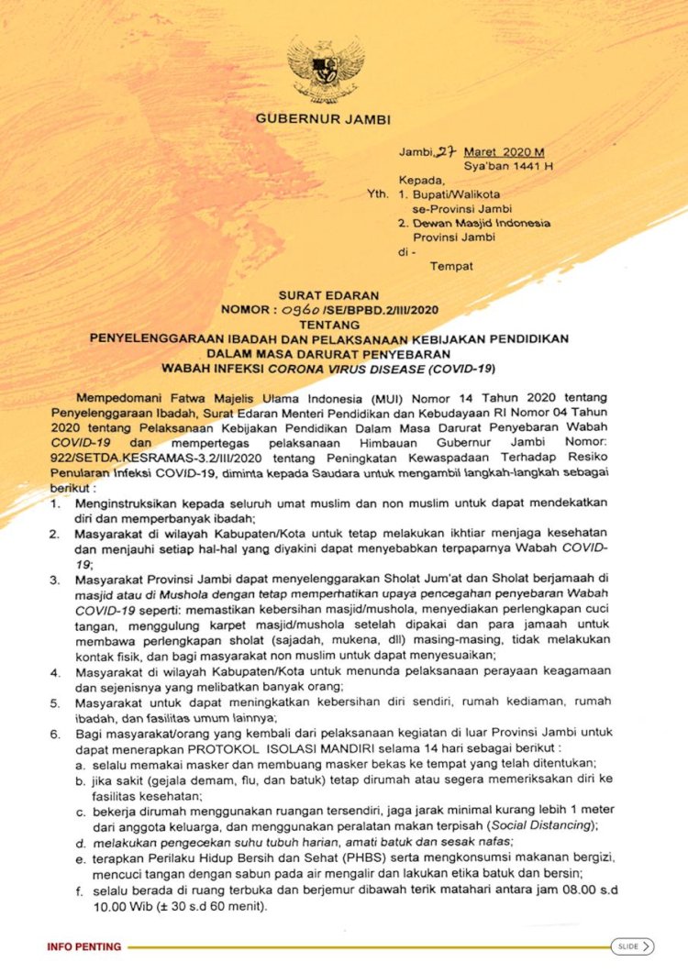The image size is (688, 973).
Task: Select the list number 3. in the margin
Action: point(56,580)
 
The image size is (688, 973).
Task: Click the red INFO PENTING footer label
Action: point(84,945)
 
